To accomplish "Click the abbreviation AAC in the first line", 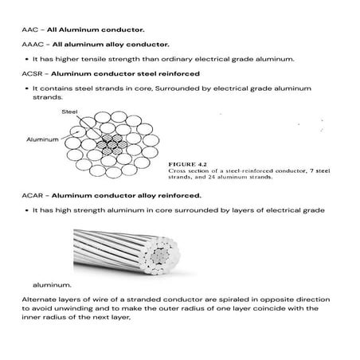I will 29,29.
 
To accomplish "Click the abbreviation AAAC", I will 32,45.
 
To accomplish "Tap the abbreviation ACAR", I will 32,195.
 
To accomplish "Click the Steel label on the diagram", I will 69,112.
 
